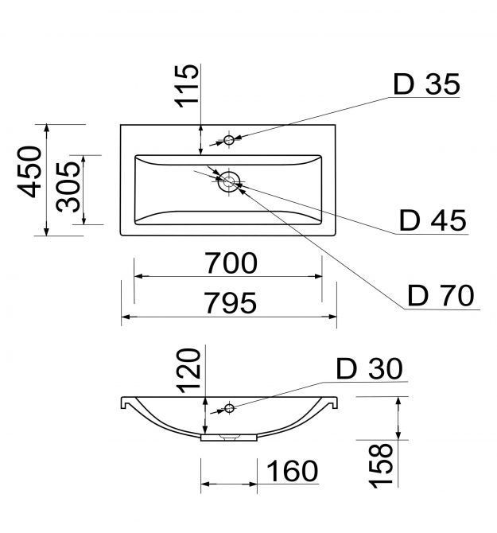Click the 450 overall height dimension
pos(29,172)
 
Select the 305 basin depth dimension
pos(68,187)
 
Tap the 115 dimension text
pos(186,86)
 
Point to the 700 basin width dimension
pos(231,263)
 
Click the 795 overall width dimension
pos(231,303)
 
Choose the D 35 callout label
pos(426,84)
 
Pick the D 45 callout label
pos(433,220)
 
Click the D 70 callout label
pos(441,296)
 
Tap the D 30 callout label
pos(369,368)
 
